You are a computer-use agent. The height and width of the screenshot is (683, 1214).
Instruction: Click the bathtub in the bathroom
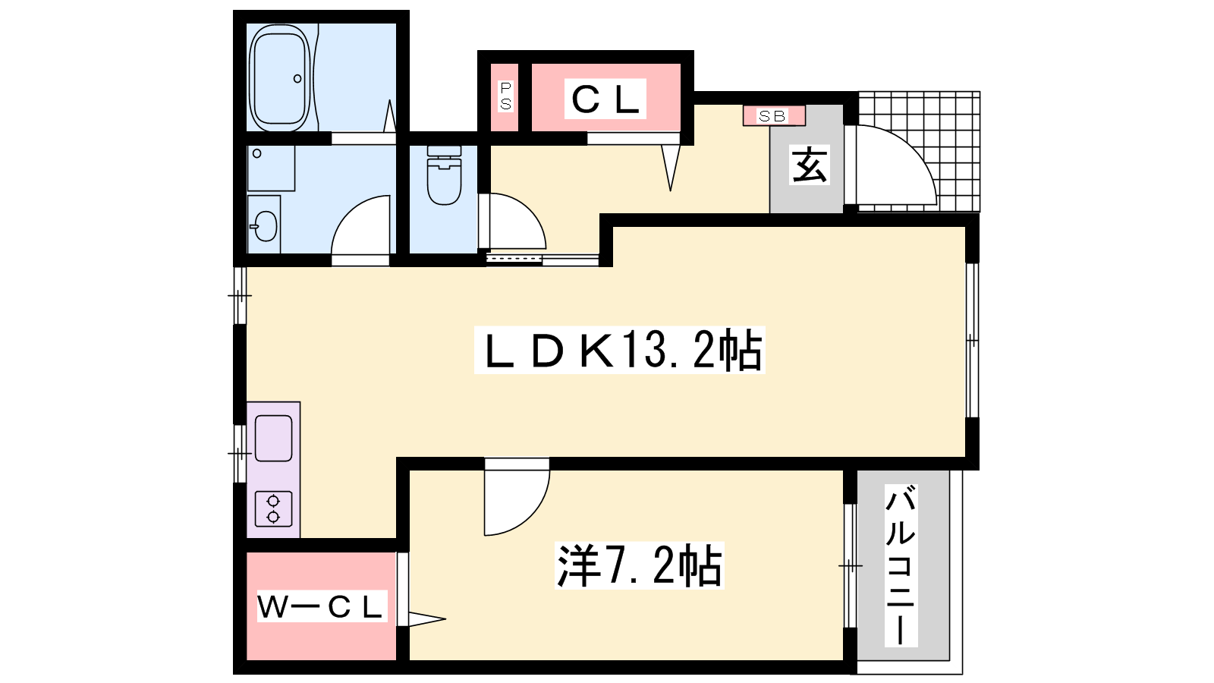pos(280,78)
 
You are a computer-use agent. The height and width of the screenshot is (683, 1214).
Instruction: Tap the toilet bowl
pos(444,175)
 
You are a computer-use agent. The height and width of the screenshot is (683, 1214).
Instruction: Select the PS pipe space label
pos(505,96)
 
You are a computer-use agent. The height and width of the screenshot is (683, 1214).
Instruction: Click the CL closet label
pos(605,99)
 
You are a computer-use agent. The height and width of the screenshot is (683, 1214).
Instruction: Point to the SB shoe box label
pos(773,116)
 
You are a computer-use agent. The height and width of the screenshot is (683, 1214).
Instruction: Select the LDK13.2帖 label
pos(619,350)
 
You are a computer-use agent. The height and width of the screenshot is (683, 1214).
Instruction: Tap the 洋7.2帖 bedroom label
pos(640,565)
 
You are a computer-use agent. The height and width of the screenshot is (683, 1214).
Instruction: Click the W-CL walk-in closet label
pos(322,606)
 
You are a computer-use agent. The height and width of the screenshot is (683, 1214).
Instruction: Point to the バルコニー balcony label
pos(901,565)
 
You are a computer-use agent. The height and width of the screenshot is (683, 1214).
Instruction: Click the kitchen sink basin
pos(274,438)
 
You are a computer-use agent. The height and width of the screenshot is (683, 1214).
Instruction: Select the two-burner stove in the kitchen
pos(274,509)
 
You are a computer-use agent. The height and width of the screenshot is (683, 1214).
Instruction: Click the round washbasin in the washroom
pos(265,225)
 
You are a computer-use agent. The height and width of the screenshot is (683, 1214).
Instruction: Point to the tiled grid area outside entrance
pos(920,152)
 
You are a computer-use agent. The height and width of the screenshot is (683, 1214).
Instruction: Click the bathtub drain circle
pos(297,79)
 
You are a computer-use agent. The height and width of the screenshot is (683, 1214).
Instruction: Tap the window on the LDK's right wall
pos(973,341)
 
